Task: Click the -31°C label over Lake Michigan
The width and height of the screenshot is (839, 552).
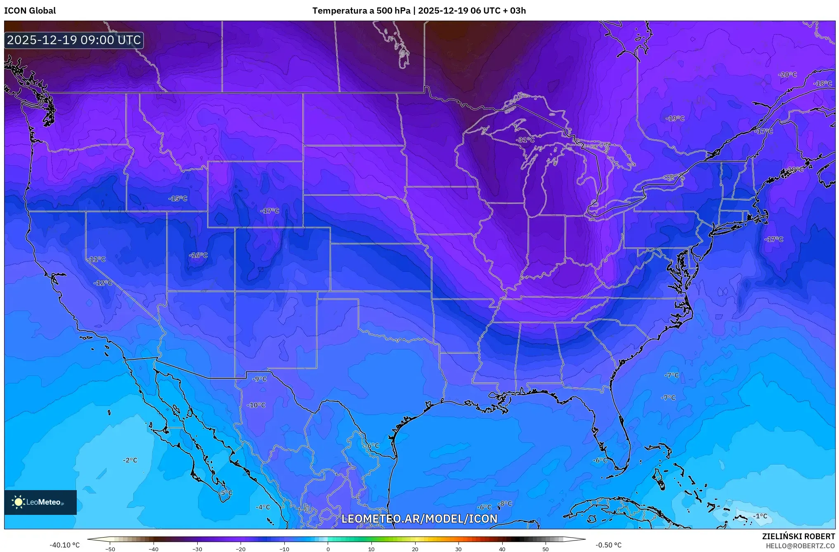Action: pyautogui.click(x=525, y=140)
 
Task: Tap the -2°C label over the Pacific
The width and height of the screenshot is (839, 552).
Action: pyautogui.click(x=130, y=460)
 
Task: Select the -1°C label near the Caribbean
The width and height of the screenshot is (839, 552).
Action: pyautogui.click(x=760, y=516)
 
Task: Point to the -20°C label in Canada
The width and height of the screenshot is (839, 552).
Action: pyautogui.click(x=787, y=75)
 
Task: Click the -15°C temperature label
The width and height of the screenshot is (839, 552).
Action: pyautogui.click(x=178, y=198)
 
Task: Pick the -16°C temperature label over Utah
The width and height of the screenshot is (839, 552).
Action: pyautogui.click(x=198, y=255)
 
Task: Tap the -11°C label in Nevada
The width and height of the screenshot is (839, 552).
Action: pyautogui.click(x=96, y=259)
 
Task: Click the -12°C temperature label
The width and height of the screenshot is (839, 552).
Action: pyautogui.click(x=103, y=283)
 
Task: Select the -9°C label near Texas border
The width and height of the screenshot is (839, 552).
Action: pyautogui.click(x=260, y=379)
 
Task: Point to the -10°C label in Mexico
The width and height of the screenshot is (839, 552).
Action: pyautogui.click(x=256, y=405)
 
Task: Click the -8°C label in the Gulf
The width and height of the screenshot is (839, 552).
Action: pyautogui.click(x=504, y=504)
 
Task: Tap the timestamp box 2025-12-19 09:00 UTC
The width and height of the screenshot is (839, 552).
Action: pyautogui.click(x=74, y=40)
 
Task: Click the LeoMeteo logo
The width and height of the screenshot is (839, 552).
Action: pyautogui.click(x=40, y=502)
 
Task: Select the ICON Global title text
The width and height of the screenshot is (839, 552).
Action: pyautogui.click(x=30, y=11)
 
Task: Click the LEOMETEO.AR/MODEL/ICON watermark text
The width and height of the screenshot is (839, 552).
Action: pyautogui.click(x=419, y=519)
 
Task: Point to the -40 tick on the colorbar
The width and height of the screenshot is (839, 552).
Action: pyautogui.click(x=154, y=549)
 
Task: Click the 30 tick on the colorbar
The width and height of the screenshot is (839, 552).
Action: pyautogui.click(x=458, y=549)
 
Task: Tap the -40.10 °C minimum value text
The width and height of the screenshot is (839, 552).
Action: pyautogui.click(x=65, y=545)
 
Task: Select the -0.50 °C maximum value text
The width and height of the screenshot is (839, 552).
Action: pyautogui.click(x=608, y=545)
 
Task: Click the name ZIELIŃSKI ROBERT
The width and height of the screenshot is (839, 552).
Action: pyautogui.click(x=798, y=536)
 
